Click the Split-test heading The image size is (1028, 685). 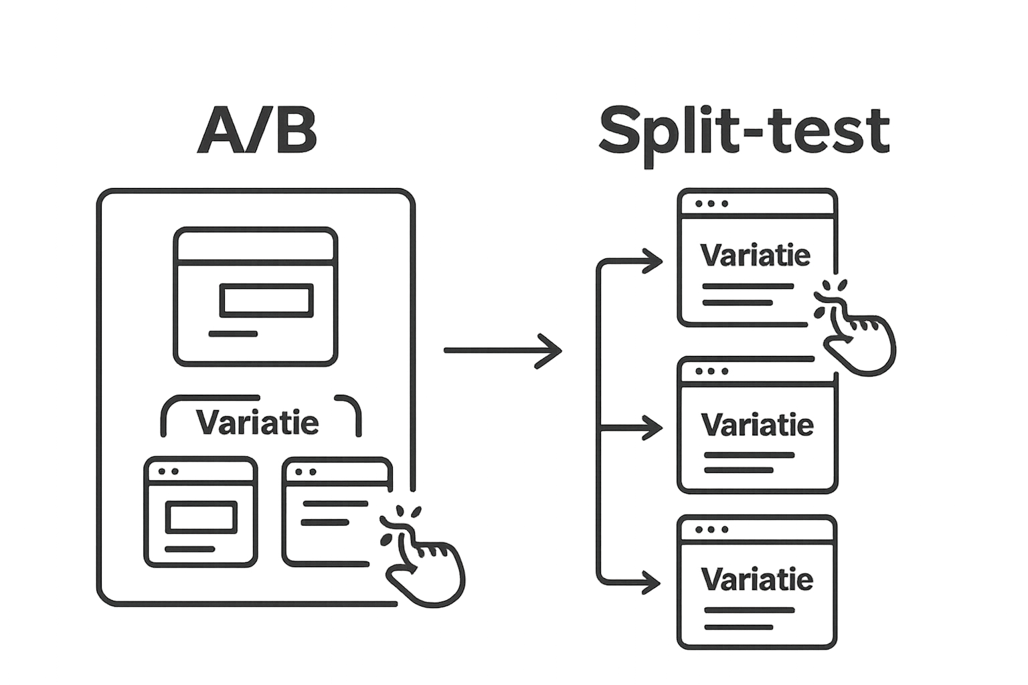(744, 132)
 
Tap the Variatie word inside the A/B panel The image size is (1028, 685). (258, 423)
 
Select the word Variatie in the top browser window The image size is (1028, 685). (755, 256)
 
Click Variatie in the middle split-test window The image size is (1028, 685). (757, 425)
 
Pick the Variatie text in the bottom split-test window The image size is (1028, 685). (757, 579)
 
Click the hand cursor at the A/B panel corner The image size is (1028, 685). (423, 562)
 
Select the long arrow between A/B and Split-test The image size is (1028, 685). (502, 350)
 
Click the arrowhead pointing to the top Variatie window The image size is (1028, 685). (652, 262)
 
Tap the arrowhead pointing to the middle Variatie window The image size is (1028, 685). (652, 427)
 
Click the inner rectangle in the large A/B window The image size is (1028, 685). (266, 300)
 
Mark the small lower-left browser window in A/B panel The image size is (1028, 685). (201, 512)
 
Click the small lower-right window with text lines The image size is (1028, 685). (335, 512)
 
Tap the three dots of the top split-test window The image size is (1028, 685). (711, 203)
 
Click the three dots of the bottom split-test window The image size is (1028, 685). (711, 529)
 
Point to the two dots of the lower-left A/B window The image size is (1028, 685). (168, 471)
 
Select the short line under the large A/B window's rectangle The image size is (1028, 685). (232, 333)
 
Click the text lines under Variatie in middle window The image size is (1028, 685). (748, 462)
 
